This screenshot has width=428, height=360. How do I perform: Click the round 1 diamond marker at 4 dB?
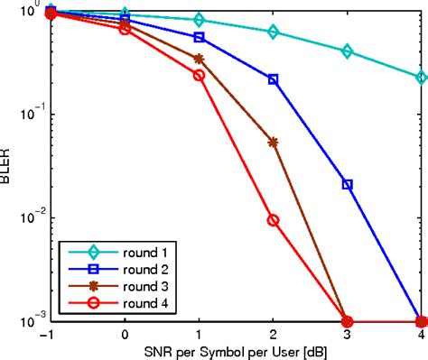(x=422, y=78)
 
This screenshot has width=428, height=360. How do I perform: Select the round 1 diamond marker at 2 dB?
(x=274, y=32)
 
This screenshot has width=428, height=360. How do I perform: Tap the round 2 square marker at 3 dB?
(x=348, y=184)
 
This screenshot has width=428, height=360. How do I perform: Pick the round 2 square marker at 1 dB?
(x=200, y=37)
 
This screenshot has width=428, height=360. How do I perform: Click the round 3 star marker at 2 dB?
(x=274, y=142)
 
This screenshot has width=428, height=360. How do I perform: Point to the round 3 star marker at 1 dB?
(x=200, y=59)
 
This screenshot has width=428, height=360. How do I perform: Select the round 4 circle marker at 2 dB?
(x=274, y=220)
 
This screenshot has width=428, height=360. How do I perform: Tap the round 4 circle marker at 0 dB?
(x=126, y=29)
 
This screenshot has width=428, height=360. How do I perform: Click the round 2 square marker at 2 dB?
(x=274, y=79)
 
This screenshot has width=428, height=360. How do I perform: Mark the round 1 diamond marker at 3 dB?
(x=348, y=51)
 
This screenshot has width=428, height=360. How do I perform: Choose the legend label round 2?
(x=128, y=269)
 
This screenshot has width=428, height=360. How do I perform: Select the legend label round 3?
(x=128, y=285)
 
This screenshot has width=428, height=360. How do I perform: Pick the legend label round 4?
(x=128, y=301)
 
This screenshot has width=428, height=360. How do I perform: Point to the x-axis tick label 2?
(x=274, y=334)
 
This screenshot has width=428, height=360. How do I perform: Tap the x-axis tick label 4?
(x=422, y=334)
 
